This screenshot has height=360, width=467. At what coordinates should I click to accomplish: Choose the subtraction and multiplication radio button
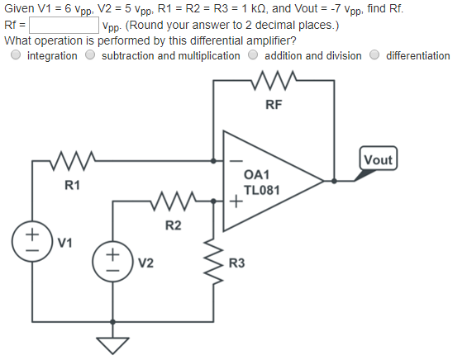[91, 55]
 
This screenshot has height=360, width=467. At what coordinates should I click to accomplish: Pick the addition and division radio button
[254, 55]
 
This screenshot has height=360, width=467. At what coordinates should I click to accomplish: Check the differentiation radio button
[375, 55]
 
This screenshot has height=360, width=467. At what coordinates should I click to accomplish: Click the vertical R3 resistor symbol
[213, 264]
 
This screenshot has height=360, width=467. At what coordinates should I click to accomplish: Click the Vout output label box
[379, 159]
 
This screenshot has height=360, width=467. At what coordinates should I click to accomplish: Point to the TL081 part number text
[262, 191]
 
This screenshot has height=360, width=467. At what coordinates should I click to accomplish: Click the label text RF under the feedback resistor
[273, 105]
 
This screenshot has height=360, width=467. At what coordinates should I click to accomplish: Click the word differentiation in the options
[418, 55]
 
